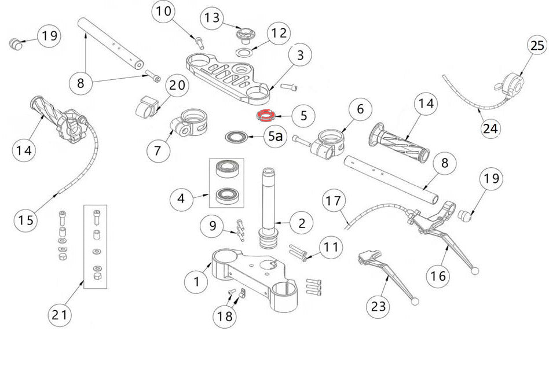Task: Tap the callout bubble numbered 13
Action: point(213,19)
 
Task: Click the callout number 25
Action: point(537,46)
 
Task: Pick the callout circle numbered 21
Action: point(61,315)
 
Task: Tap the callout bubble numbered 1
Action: point(196,282)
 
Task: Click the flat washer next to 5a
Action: point(236,137)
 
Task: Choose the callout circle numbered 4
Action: point(181,200)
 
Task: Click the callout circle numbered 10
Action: point(164,12)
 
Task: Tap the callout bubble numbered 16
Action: point(440,276)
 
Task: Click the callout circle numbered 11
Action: point(331,248)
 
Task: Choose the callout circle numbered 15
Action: point(26,220)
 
